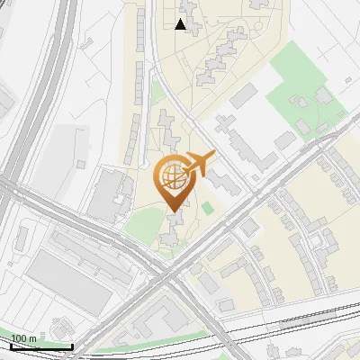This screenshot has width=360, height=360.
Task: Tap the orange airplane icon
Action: click(x=199, y=163)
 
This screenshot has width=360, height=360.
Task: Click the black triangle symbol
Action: click(x=181, y=24)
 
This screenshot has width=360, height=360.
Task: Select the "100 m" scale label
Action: click(x=23, y=338)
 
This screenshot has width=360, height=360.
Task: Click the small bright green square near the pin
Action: click(x=208, y=208)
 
